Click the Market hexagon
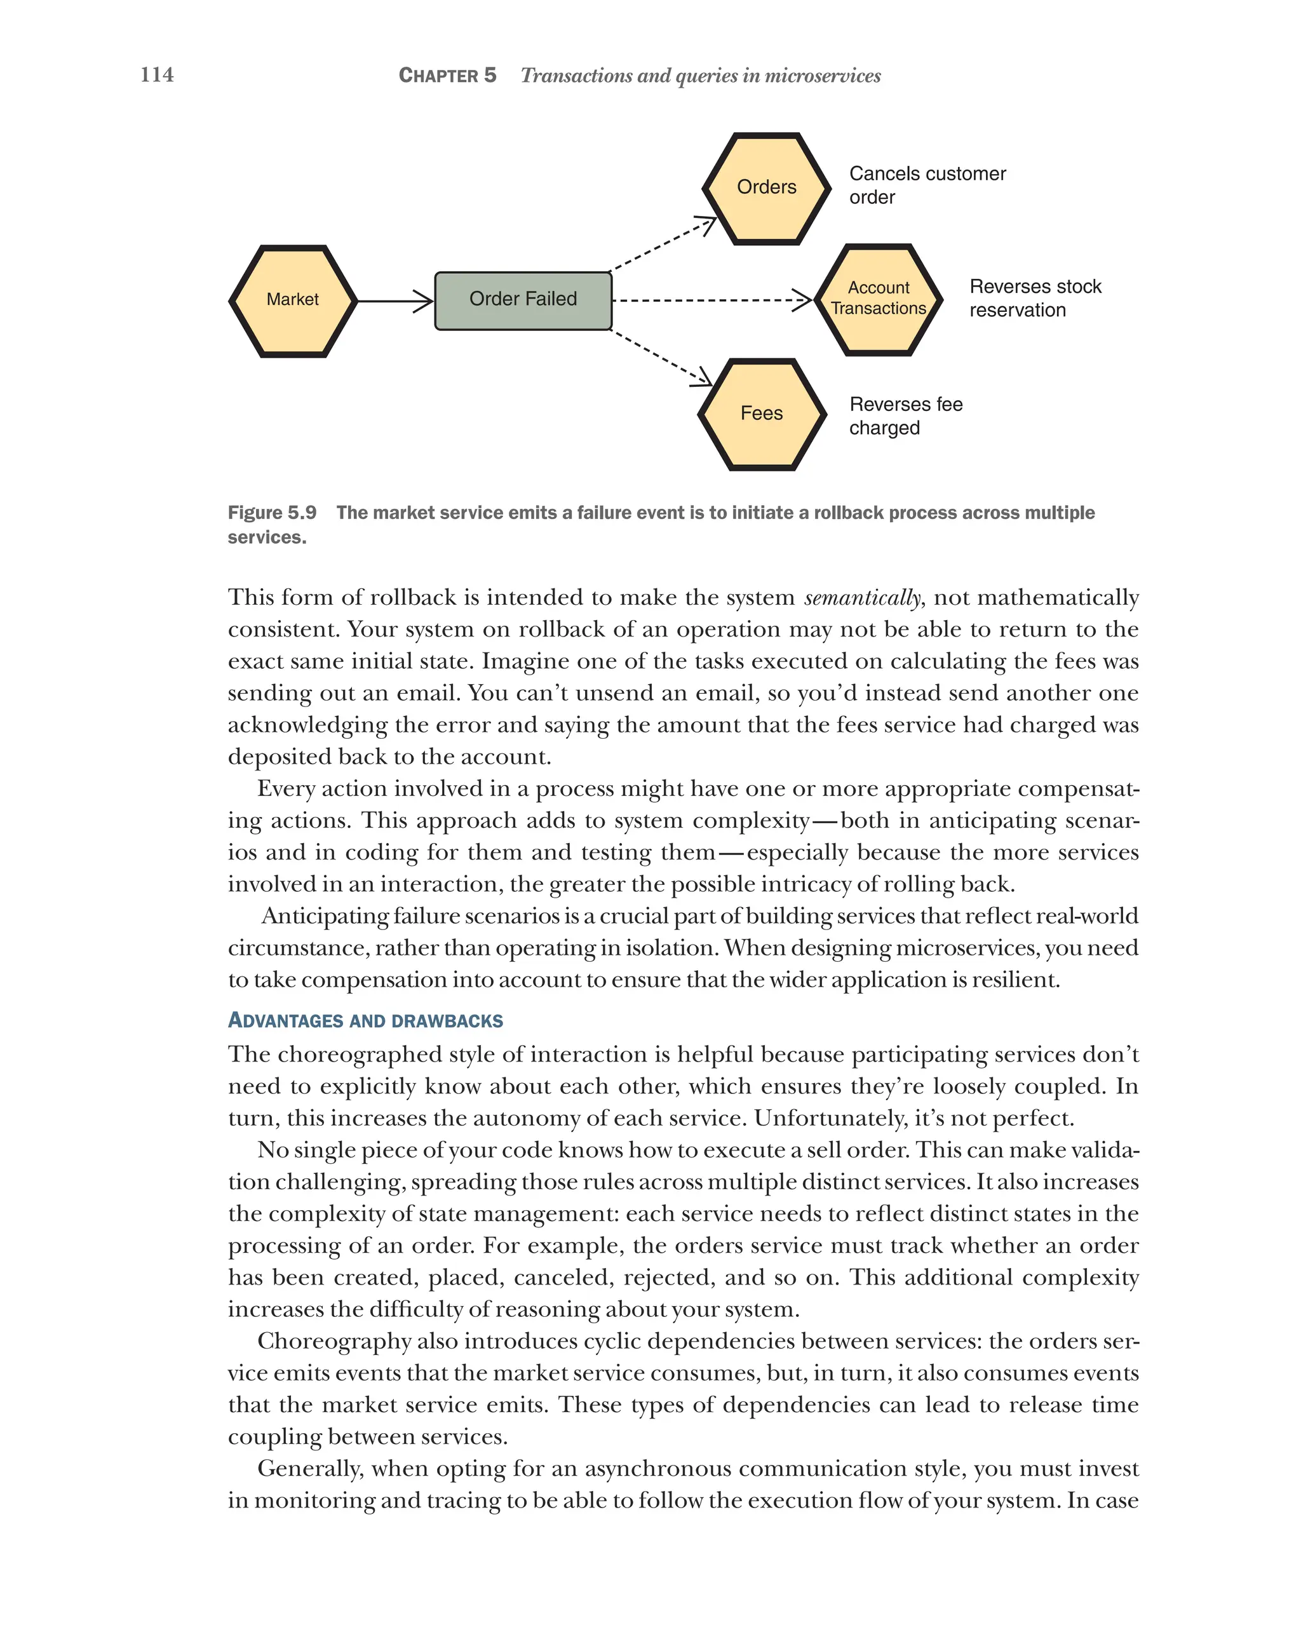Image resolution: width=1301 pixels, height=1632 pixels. coord(292,300)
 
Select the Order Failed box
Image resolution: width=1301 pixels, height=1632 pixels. coord(522,300)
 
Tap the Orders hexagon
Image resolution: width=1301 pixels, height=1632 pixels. coord(766,188)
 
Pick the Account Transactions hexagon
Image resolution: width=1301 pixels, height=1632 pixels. coord(878,299)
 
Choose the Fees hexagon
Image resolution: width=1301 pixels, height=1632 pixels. coord(762,414)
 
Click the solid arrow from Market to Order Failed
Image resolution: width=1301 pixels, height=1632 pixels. coord(394,300)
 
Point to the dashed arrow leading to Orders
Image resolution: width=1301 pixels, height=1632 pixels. coord(662,244)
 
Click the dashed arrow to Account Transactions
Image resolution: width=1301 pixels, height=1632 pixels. coord(711,300)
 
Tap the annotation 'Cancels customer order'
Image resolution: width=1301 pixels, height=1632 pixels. coord(926,185)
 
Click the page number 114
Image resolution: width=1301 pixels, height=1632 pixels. coord(157,74)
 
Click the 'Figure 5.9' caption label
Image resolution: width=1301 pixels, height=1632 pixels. coord(272,513)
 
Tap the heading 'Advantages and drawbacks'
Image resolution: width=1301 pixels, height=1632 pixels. coord(365,1020)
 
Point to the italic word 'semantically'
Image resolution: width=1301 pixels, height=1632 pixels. coord(862,597)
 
